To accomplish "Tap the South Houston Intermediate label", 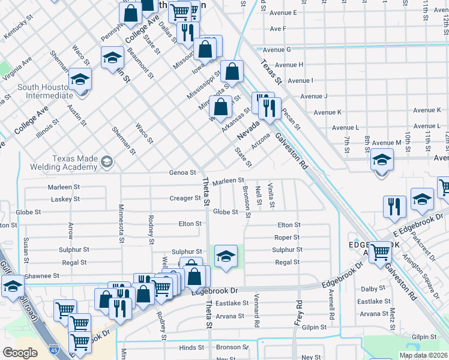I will (45, 91).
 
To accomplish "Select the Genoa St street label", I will (184, 172).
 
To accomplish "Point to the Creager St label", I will (184, 198).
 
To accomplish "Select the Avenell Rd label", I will (331, 307).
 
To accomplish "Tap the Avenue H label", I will (288, 65).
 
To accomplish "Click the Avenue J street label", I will (313, 96).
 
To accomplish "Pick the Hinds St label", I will (191, 347).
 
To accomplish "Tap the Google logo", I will (20, 353).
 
